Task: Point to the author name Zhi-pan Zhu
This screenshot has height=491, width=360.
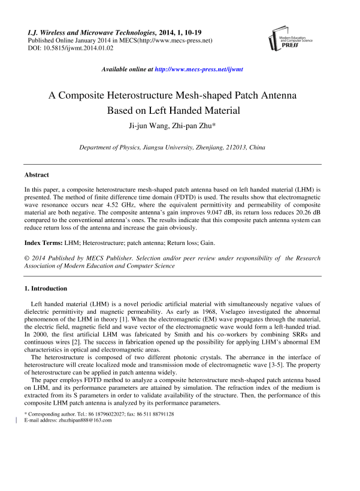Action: coord(193,125)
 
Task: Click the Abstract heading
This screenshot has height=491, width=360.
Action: coord(37,175)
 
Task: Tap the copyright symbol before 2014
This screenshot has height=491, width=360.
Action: coord(27,258)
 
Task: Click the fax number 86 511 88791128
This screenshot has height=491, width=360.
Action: coord(152,431)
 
